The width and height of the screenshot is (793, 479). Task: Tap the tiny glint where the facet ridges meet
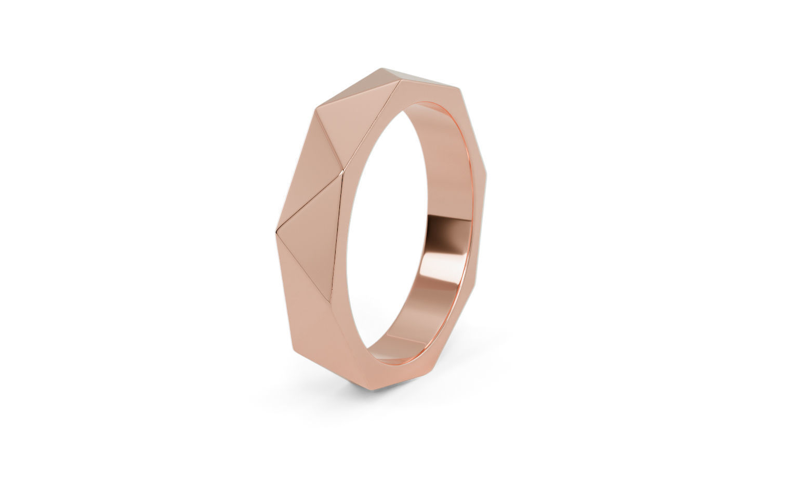341,170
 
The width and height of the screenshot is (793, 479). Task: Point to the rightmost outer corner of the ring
487,181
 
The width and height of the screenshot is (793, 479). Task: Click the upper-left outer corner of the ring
315,109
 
